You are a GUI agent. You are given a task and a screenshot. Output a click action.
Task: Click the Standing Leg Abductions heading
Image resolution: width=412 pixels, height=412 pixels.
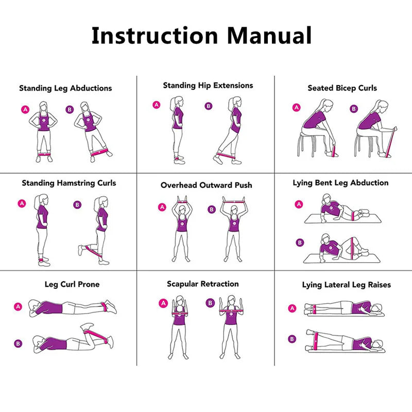coord(65,88)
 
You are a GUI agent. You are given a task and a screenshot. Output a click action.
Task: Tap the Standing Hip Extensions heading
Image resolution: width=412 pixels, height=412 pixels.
coord(208,85)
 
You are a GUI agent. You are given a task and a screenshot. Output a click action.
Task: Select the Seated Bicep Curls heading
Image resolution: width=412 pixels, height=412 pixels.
coord(342,88)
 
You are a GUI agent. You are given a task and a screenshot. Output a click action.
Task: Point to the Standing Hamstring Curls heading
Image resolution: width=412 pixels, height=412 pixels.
coord(69,183)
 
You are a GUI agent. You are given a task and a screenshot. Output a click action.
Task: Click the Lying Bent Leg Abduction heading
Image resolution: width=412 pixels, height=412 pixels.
coord(340,183)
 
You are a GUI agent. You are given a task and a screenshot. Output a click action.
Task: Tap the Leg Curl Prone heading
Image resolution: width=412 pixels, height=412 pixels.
coord(72,284)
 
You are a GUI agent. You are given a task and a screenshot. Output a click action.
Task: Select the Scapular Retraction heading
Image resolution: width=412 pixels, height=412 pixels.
coord(203,284)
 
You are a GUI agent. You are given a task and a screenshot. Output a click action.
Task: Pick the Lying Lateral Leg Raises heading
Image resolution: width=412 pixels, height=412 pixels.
coord(346,285)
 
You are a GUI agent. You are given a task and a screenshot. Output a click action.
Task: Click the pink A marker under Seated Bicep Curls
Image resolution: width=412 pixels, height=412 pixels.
coord(296,108)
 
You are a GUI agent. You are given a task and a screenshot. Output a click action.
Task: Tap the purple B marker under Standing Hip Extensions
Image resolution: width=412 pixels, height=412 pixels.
coord(208,106)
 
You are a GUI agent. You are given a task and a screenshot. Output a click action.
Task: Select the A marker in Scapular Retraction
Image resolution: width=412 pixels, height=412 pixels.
coord(164,303)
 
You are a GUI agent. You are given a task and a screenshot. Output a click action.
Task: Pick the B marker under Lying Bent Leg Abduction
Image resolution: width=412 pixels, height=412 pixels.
coord(299,243)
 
